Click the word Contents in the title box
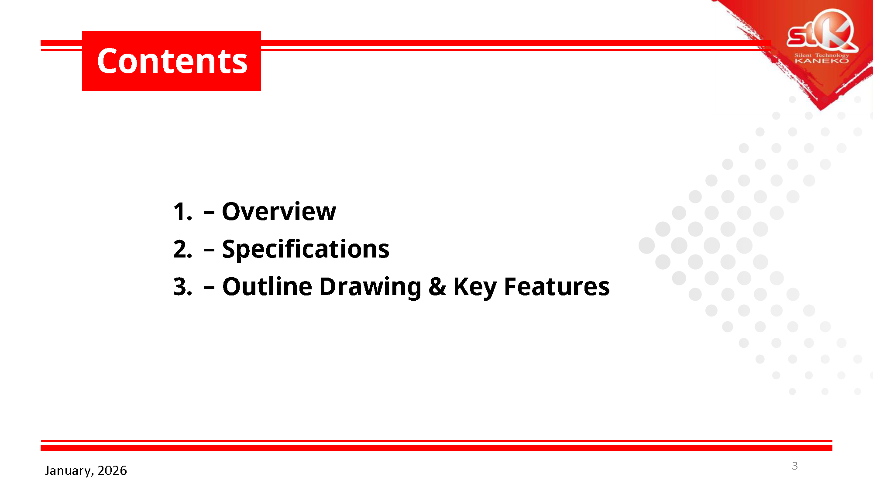172,61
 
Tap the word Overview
279,212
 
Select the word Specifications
306,250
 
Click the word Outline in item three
267,287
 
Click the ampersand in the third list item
437,287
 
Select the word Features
557,287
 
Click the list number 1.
182,212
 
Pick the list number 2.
182,250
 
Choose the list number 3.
182,287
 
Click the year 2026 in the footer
112,470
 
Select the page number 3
795,466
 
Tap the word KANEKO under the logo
822,61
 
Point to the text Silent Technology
822,55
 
